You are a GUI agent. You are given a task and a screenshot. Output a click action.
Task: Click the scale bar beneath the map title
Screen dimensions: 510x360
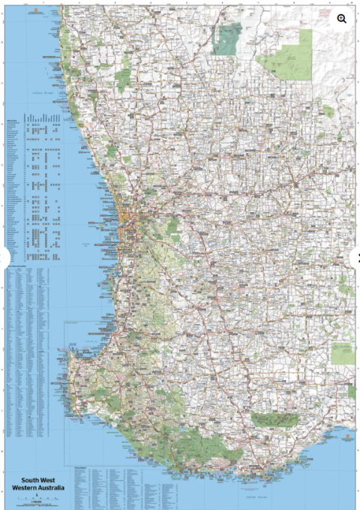coord(37,498)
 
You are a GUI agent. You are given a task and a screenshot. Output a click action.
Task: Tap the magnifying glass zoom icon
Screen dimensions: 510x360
coord(342,19)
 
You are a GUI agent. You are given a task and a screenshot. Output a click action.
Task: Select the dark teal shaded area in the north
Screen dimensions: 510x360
coord(227,38)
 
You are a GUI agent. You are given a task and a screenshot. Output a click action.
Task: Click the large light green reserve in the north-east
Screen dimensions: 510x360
coord(289,55)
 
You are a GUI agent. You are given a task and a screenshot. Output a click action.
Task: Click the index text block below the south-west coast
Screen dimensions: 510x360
coord(120,484)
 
